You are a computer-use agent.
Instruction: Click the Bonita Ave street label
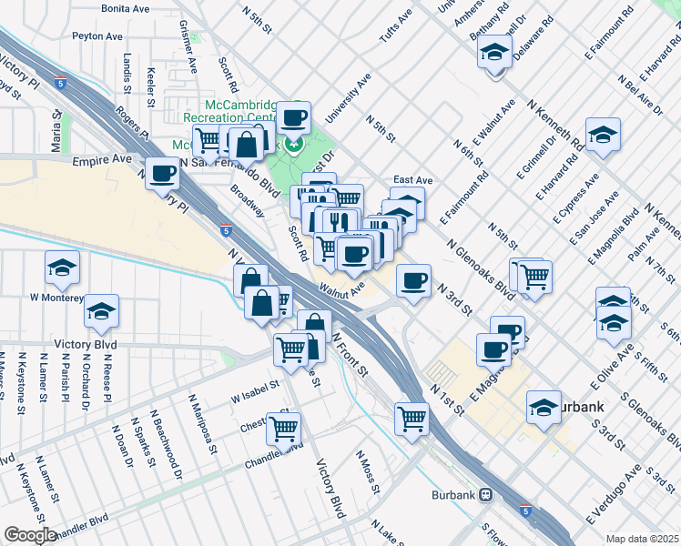126,8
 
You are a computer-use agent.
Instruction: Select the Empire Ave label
102,160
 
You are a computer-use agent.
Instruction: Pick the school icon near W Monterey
62,267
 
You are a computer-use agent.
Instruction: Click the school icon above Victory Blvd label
102,310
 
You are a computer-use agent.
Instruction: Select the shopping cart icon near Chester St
284,426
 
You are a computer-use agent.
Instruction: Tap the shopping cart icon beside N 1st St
412,419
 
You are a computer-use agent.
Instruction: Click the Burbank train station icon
486,496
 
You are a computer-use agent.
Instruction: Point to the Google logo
30,534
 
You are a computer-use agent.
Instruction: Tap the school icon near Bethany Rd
494,52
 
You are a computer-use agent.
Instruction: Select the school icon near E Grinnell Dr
603,135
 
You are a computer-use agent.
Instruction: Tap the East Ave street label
412,180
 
